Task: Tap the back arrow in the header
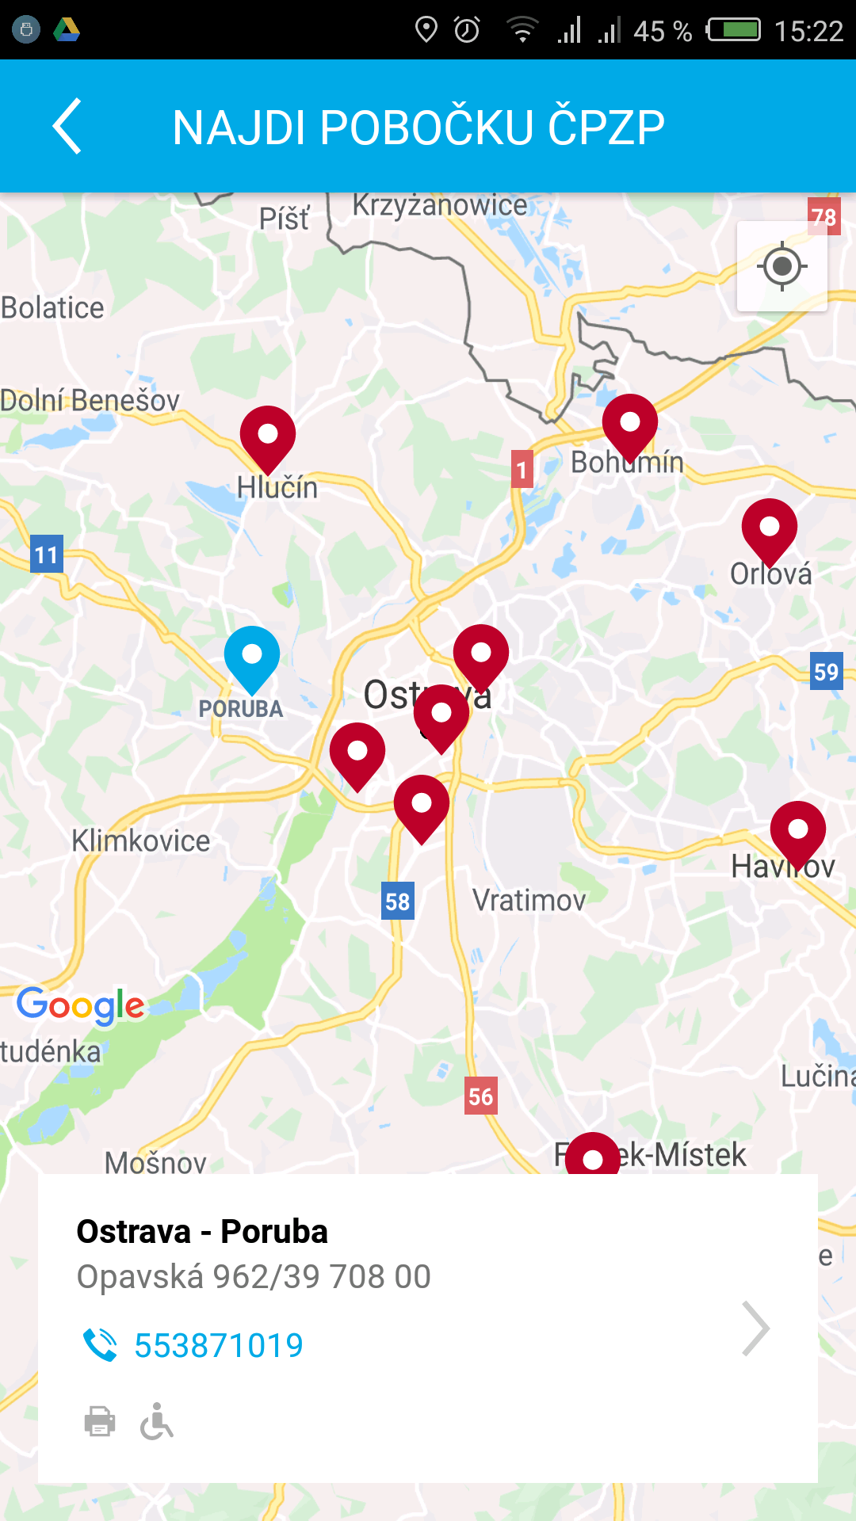[x=67, y=126]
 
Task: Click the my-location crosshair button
[x=782, y=266]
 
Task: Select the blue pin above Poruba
[x=252, y=658]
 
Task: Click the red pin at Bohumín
[x=630, y=425]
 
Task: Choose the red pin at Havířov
[x=798, y=833]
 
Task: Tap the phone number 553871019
[x=218, y=1345]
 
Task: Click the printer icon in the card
[x=100, y=1421]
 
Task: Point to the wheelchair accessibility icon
[x=157, y=1421]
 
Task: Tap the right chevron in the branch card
[x=755, y=1328]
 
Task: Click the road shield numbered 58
[x=397, y=902]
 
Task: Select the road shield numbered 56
[x=480, y=1096]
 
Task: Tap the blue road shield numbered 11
[x=46, y=555]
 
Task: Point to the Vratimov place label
[x=529, y=901]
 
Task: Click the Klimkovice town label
[x=141, y=841]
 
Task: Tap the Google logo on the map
[x=81, y=1005]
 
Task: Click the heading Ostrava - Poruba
[x=202, y=1232]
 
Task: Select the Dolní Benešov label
[x=90, y=401]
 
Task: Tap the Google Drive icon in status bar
[x=67, y=30]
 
